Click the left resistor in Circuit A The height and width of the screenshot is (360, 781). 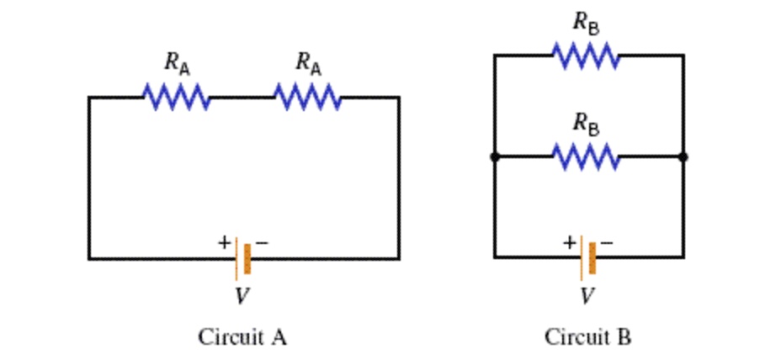pos(177,97)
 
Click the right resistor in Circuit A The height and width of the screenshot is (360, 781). pos(308,97)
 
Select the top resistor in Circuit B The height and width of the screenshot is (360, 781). pos(587,56)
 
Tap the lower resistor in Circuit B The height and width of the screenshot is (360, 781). pos(587,156)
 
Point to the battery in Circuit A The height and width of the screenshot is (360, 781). pos(243,258)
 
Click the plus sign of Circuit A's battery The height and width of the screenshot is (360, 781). pos(224,242)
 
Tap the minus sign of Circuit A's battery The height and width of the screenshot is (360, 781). pos(262,242)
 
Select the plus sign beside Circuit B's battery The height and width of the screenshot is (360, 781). pos(570,242)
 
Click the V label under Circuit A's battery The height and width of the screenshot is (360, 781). pos(242,296)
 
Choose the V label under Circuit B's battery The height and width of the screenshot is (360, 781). pos(588,296)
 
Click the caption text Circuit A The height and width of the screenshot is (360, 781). pos(242,337)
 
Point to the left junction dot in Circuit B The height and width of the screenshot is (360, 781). pos(495,156)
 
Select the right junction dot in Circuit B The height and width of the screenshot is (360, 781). pos(683,156)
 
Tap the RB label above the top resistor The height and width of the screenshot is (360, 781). pos(587,23)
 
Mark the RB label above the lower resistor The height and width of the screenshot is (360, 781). pos(587,123)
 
